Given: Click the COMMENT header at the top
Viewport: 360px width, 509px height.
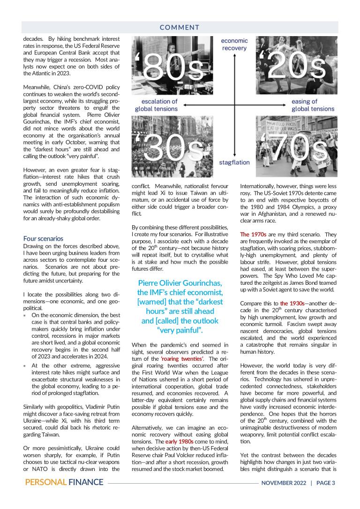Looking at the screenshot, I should point(180,28).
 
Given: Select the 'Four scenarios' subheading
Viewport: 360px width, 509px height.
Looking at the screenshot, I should point(43,238).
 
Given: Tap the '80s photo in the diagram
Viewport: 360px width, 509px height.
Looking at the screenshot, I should point(172,68).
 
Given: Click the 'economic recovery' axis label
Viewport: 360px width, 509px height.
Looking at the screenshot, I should point(234,45).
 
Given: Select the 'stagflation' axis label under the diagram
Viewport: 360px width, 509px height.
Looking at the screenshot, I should point(234,162).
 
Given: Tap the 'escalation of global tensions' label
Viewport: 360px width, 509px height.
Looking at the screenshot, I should point(157,105).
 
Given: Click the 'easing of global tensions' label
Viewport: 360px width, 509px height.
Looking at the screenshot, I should point(313,105).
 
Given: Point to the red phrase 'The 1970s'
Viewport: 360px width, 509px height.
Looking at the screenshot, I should point(253,234).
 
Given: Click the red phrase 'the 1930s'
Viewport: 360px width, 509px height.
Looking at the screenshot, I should point(292,303).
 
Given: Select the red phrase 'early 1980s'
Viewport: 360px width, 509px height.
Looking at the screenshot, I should point(179,442).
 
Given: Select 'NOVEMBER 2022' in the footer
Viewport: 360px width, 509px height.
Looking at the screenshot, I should point(284,483).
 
